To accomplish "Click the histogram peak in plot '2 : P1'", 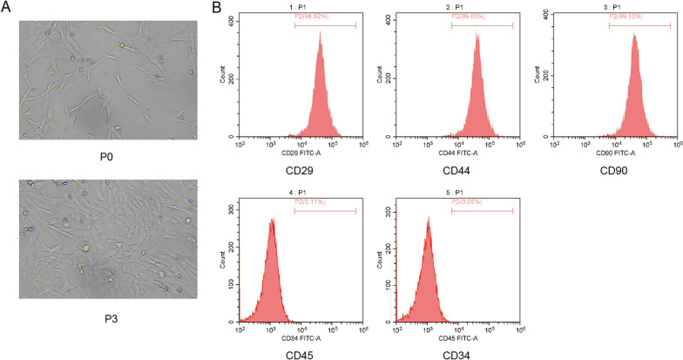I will point(477,35).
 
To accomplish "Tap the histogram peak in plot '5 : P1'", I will point(429,219).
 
